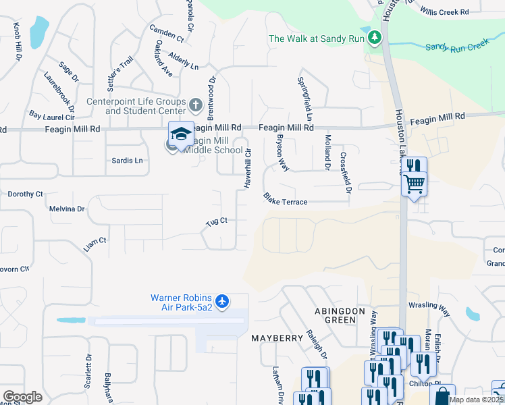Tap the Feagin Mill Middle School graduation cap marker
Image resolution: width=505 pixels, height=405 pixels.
click(180, 134)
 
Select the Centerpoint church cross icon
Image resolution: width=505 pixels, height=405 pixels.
click(195, 105)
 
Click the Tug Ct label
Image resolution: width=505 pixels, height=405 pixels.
click(216, 221)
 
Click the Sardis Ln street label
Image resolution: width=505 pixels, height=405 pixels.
click(127, 161)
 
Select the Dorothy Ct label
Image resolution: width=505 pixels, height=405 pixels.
click(25, 194)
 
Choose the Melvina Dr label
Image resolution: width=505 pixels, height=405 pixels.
click(67, 209)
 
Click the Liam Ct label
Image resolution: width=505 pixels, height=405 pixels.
click(95, 244)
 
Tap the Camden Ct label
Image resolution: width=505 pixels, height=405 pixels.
click(166, 32)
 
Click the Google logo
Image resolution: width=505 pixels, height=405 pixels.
click(22, 397)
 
